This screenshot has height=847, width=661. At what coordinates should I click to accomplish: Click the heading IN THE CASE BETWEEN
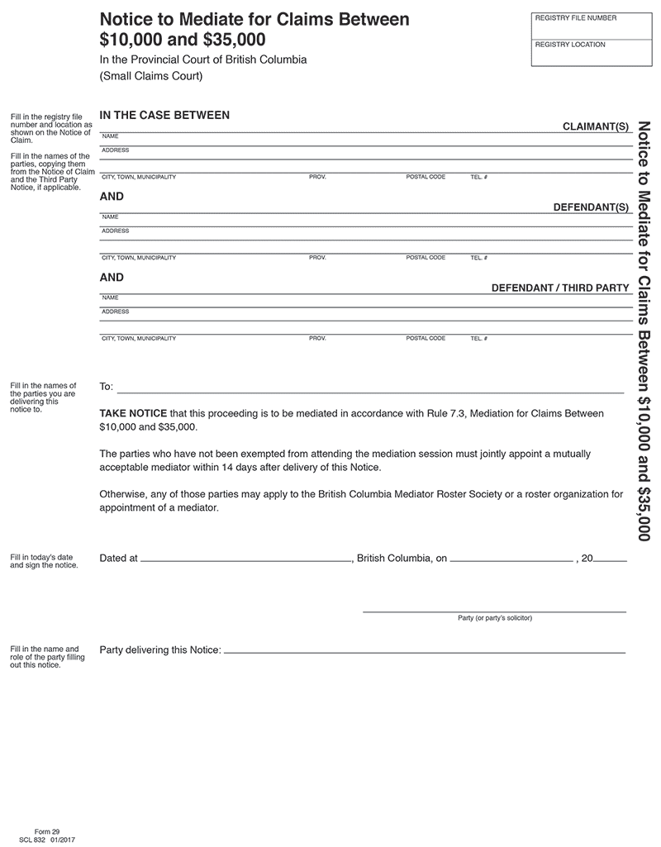point(164,116)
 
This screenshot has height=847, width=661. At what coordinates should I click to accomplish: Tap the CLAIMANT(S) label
point(596,126)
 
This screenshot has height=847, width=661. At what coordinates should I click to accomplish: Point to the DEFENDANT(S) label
point(591,207)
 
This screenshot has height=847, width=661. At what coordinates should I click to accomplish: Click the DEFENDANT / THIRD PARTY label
point(560,288)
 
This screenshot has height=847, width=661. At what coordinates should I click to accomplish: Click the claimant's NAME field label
point(110,136)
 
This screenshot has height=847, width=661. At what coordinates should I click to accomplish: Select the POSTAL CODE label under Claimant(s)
point(426,177)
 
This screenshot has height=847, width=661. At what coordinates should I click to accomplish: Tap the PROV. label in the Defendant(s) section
point(317,258)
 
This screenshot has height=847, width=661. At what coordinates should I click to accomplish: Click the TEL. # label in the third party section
point(479,339)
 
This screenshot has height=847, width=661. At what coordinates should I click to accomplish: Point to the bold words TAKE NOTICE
point(133,413)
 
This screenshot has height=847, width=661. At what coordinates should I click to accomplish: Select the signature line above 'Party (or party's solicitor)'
point(494,610)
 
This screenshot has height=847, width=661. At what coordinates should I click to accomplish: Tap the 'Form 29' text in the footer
point(47,830)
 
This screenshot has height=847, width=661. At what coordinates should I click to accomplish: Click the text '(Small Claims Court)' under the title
point(150,77)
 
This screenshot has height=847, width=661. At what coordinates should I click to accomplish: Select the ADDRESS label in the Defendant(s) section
point(115,231)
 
